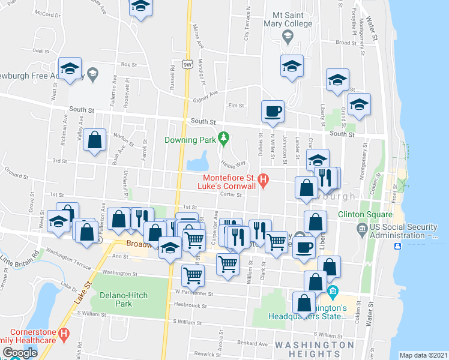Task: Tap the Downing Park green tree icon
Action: click(224, 139)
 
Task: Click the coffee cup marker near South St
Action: click(273, 111)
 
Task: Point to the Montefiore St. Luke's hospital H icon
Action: click(262, 179)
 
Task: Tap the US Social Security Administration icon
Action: click(362, 228)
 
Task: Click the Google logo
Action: click(20, 352)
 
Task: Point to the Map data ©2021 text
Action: click(423, 355)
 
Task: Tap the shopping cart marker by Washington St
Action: click(193, 275)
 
